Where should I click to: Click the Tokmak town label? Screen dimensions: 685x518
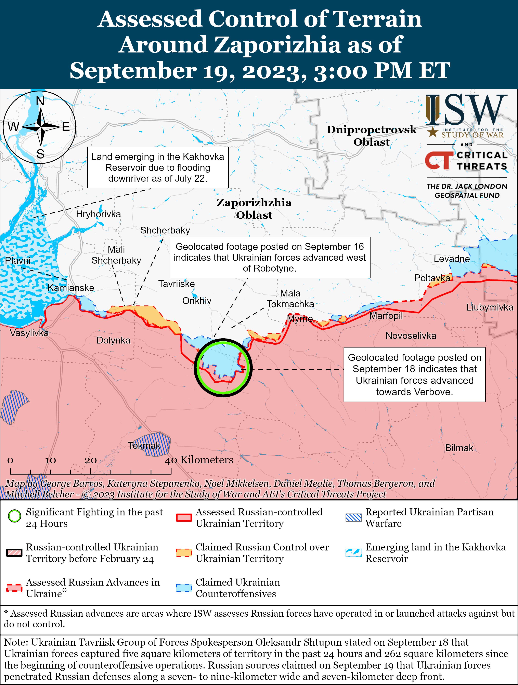tap(144, 446)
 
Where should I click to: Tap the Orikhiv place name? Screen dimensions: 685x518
tap(197, 301)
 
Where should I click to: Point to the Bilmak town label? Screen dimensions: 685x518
tap(459, 448)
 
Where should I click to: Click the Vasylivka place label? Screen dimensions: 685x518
tap(29, 333)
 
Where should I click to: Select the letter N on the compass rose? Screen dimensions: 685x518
tap(40, 101)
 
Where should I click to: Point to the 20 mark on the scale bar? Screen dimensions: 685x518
tap(91, 461)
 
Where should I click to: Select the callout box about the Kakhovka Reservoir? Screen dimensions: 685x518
tap(158, 167)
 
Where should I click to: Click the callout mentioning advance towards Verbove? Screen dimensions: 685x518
tap(414, 374)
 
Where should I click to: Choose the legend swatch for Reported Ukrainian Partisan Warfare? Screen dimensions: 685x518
tap(353, 518)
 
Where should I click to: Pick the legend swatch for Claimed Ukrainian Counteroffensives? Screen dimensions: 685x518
tap(184, 588)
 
